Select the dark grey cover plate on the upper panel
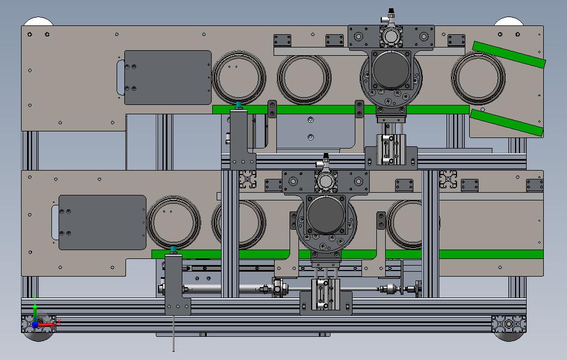point(167,77)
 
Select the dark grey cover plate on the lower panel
point(102,222)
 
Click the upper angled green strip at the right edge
point(508,54)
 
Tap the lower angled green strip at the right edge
point(505,122)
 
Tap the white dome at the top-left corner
point(38,22)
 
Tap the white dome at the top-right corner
point(508,22)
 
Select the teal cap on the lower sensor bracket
point(174,250)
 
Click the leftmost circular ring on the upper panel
point(238,78)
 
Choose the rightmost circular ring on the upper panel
point(478,78)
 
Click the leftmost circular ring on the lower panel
point(174,223)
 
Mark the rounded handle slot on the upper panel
point(120,77)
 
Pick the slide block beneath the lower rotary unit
point(326,296)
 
